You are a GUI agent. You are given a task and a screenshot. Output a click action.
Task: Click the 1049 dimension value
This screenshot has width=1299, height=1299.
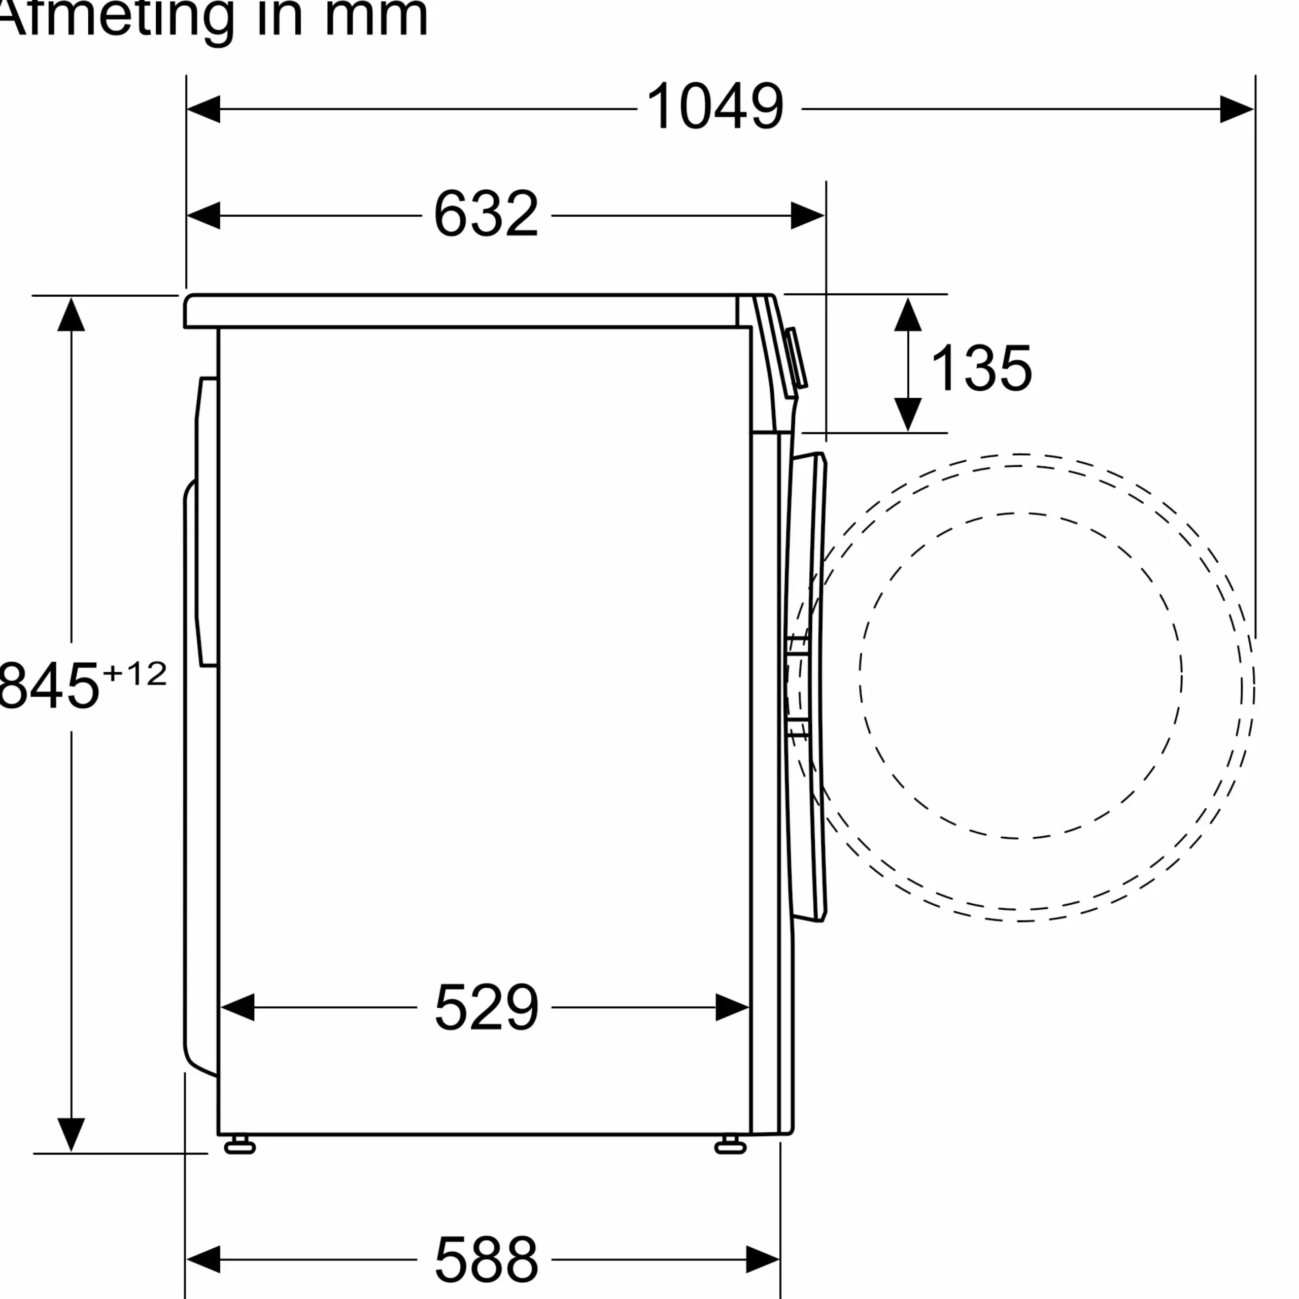[715, 106]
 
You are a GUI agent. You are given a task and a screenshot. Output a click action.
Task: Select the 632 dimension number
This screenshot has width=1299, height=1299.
[486, 214]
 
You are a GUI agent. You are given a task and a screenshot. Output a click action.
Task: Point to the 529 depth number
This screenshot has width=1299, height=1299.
[486, 1007]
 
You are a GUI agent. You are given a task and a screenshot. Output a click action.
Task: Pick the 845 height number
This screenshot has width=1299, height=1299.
[48, 685]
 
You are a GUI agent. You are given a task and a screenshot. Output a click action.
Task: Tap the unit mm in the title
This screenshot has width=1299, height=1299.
[376, 19]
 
